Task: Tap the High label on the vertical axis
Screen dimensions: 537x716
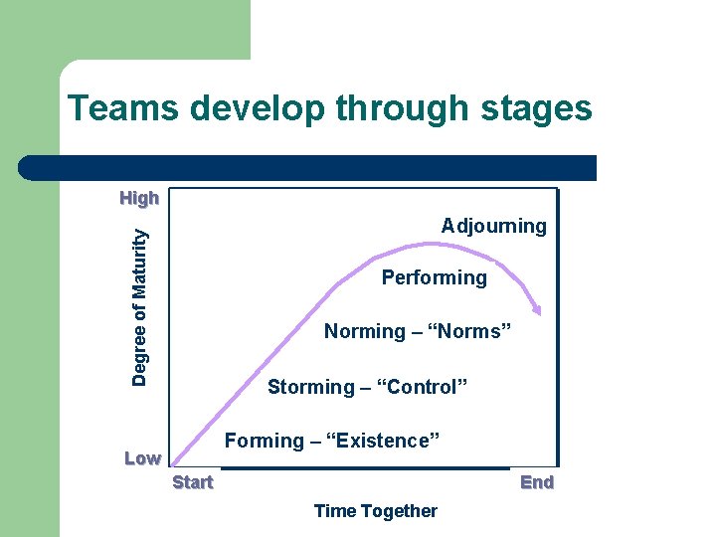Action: (x=139, y=198)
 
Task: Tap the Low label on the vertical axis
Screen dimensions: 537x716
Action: (x=142, y=458)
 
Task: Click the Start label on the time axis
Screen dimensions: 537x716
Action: (x=192, y=482)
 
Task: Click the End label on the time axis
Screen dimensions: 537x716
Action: (x=537, y=482)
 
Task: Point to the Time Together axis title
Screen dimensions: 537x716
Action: (x=375, y=511)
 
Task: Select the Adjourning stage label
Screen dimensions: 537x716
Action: (x=493, y=226)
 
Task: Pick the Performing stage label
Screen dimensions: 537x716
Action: (x=435, y=278)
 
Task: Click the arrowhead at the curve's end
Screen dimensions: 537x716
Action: (x=537, y=309)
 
